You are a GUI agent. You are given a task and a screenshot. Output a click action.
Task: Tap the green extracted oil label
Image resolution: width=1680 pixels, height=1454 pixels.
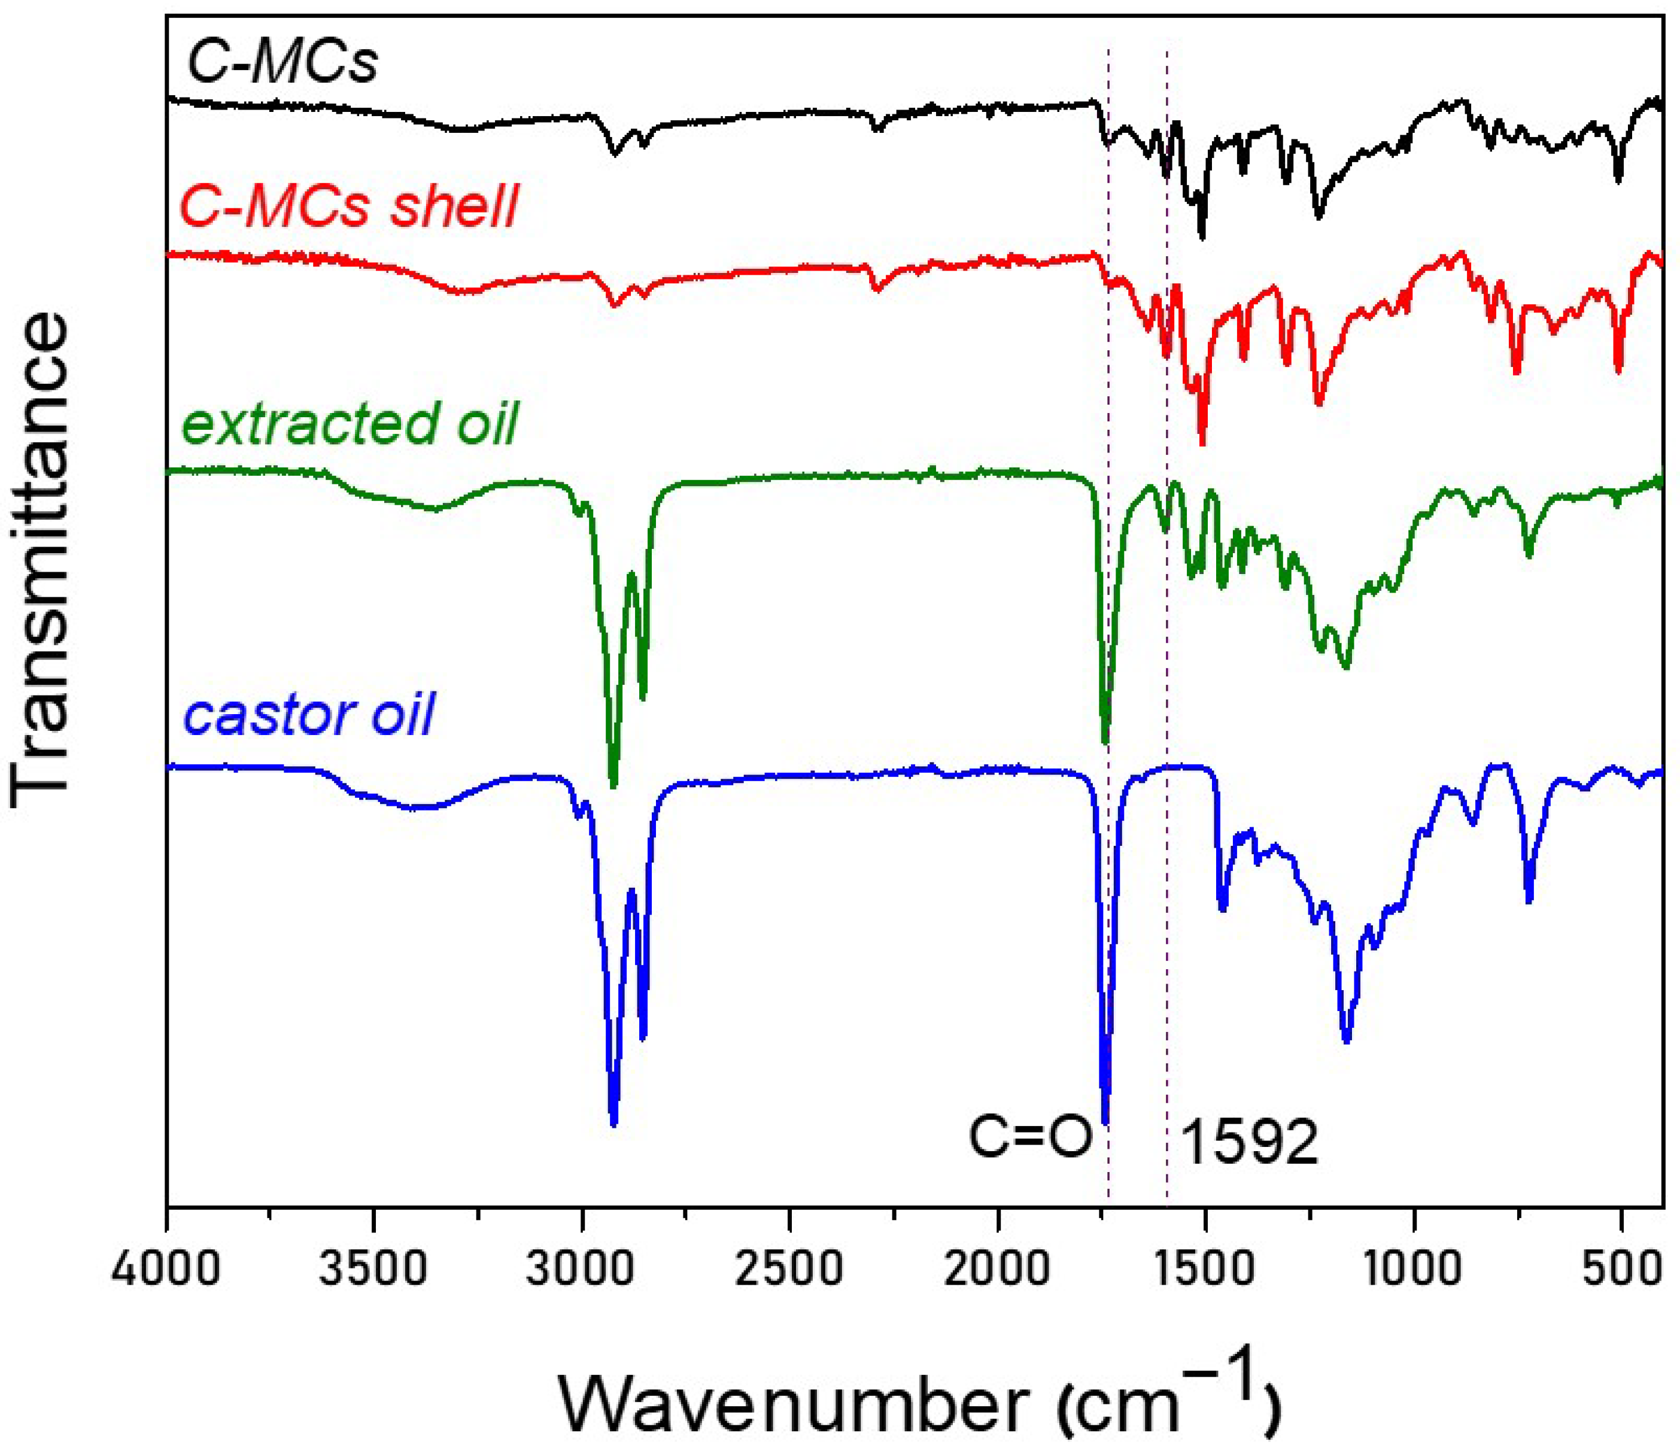(351, 424)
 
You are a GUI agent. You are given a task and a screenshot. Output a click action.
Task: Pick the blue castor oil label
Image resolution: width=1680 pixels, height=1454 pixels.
(309, 714)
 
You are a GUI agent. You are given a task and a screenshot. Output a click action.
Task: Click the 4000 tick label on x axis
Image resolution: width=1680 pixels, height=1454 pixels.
(166, 1268)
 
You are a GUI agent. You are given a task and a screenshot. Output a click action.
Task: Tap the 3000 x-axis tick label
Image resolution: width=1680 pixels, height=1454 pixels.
(582, 1268)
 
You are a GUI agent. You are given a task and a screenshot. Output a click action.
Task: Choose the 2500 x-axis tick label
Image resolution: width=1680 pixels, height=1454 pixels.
(789, 1268)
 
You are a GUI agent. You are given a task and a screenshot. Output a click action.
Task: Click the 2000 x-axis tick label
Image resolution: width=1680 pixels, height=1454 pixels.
(997, 1268)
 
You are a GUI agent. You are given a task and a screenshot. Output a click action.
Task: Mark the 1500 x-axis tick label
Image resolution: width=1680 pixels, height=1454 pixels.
(1206, 1268)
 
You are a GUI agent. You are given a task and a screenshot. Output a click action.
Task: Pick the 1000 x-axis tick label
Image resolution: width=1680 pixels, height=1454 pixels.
(1414, 1268)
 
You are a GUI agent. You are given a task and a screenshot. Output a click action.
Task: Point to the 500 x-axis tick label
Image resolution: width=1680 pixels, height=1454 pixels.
(1621, 1268)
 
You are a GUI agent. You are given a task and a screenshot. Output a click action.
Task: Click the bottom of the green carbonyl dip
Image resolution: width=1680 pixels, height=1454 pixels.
(1105, 740)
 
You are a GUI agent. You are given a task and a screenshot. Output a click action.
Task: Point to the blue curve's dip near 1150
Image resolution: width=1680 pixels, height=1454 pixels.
(1347, 1041)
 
